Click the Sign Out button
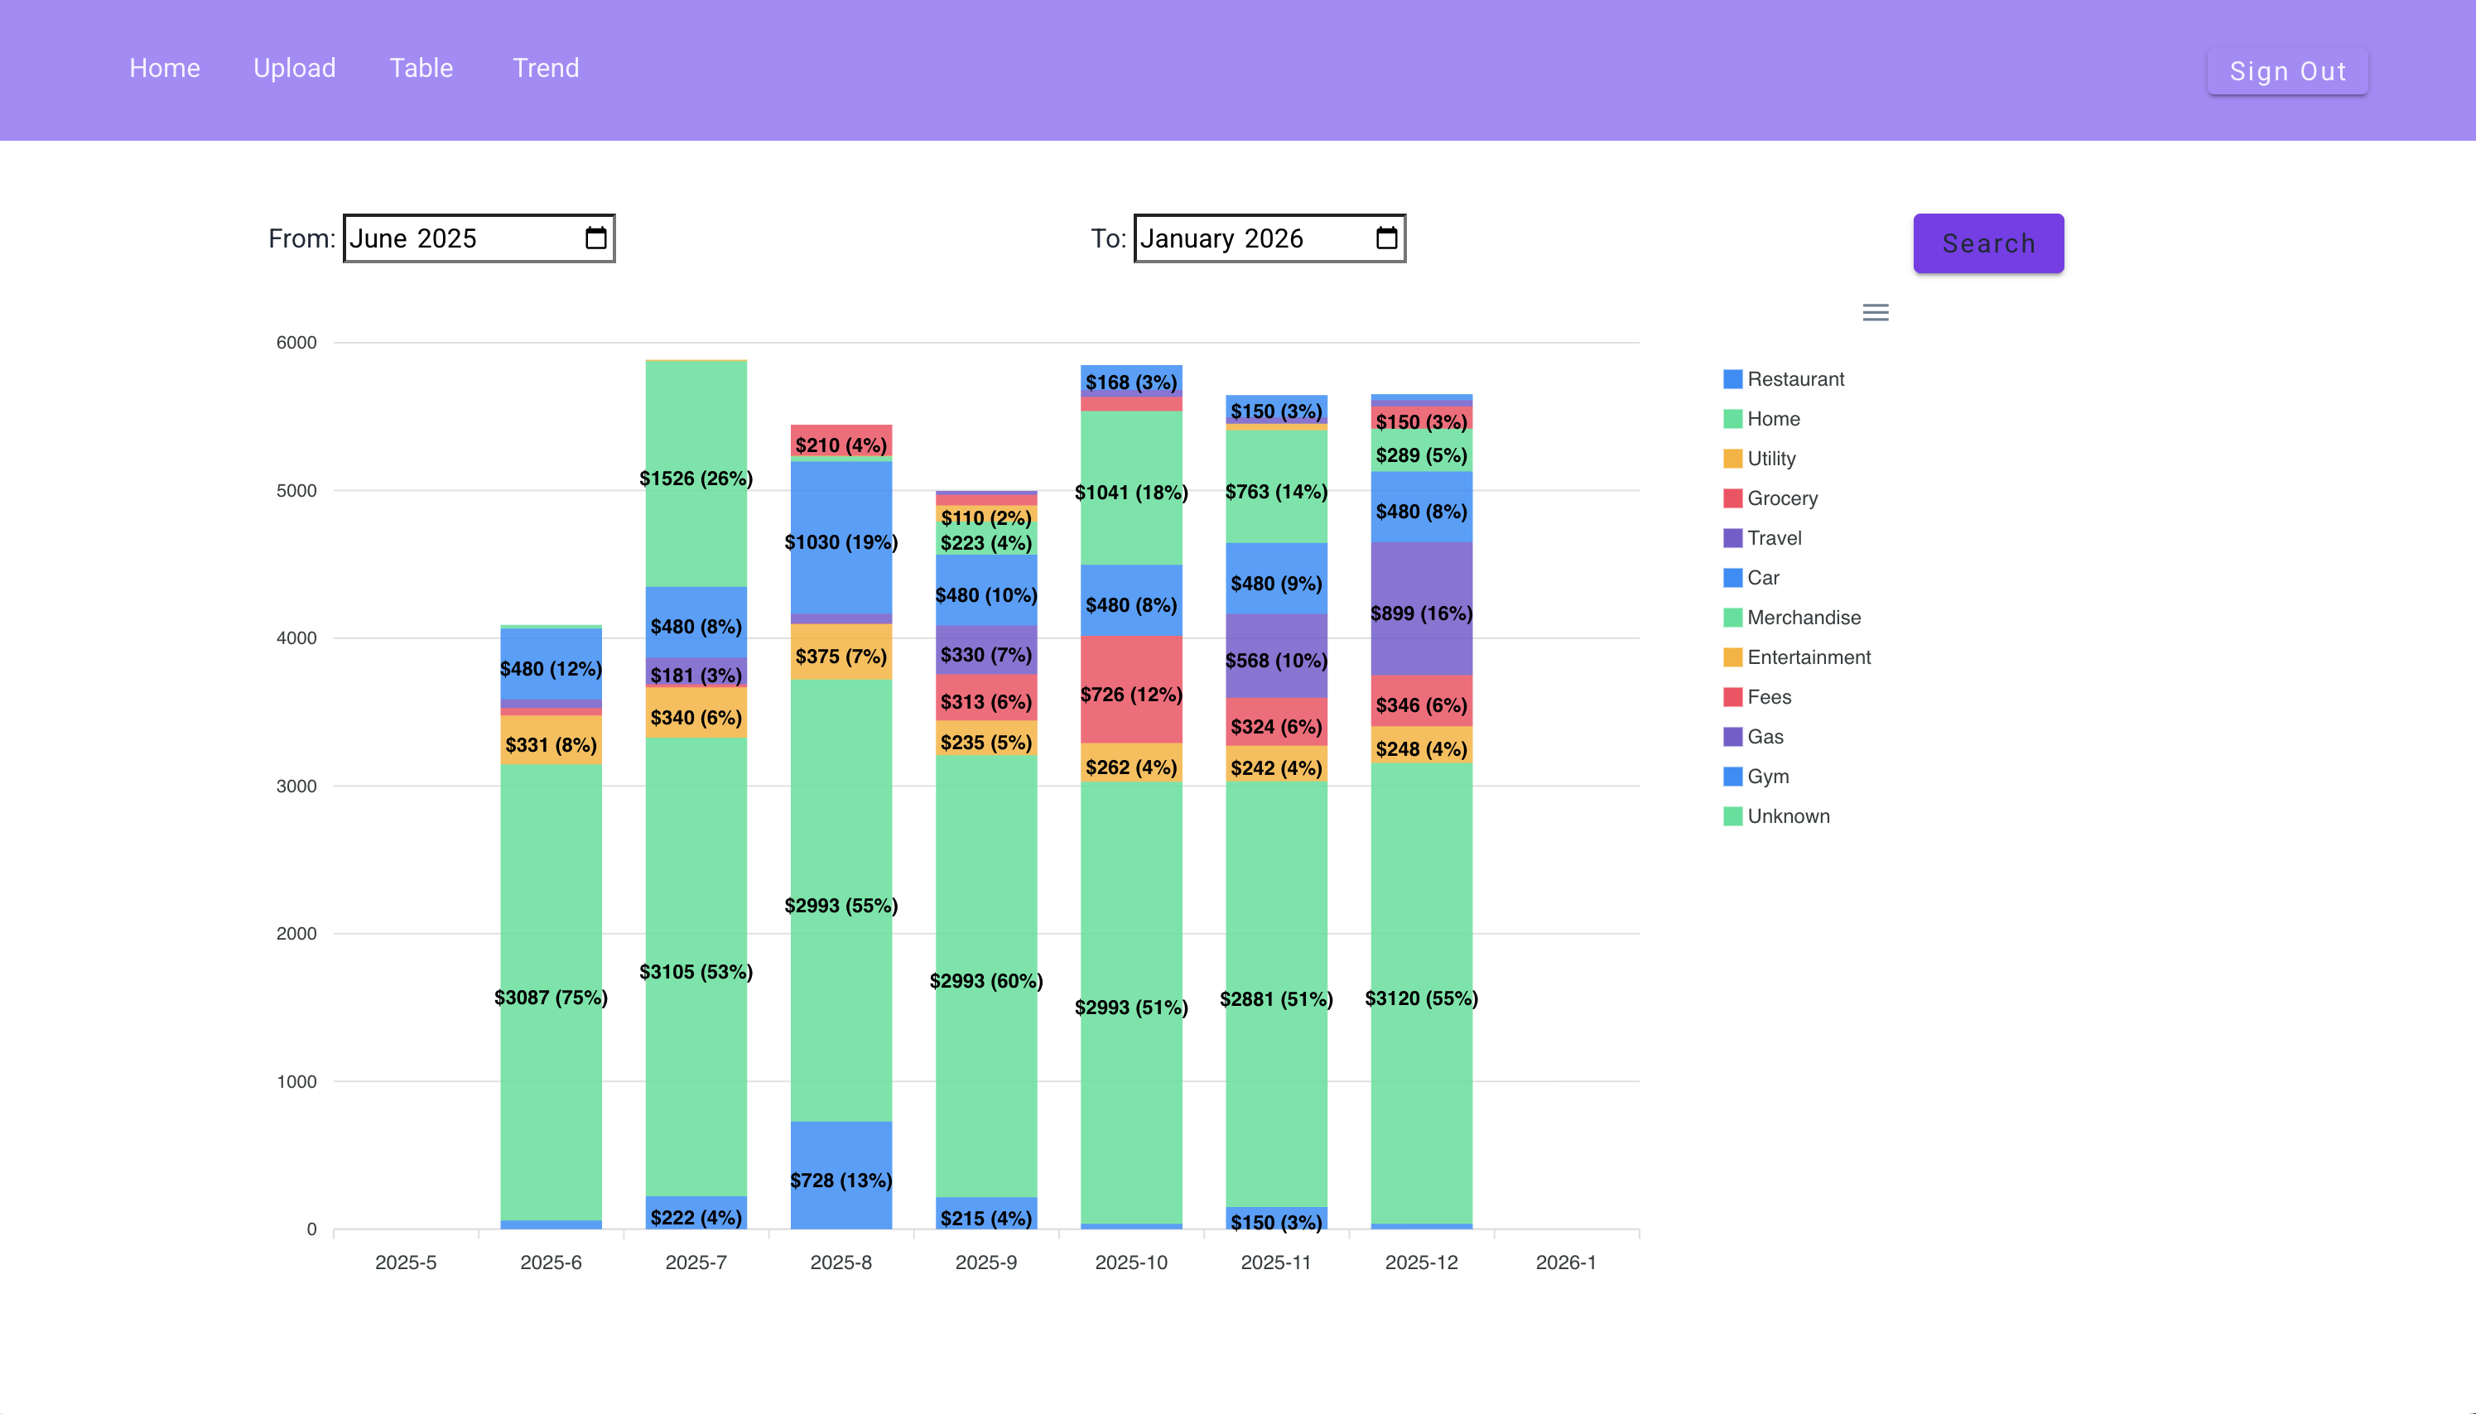[2286, 71]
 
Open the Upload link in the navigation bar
[294, 68]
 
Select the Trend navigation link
[545, 68]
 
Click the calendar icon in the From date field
[595, 238]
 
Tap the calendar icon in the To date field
[1386, 238]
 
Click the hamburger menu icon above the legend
[1875, 313]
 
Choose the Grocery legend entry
[1780, 498]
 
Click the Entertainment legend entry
[1808, 657]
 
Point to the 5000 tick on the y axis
[296, 490]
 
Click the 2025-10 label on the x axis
[1130, 1262]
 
